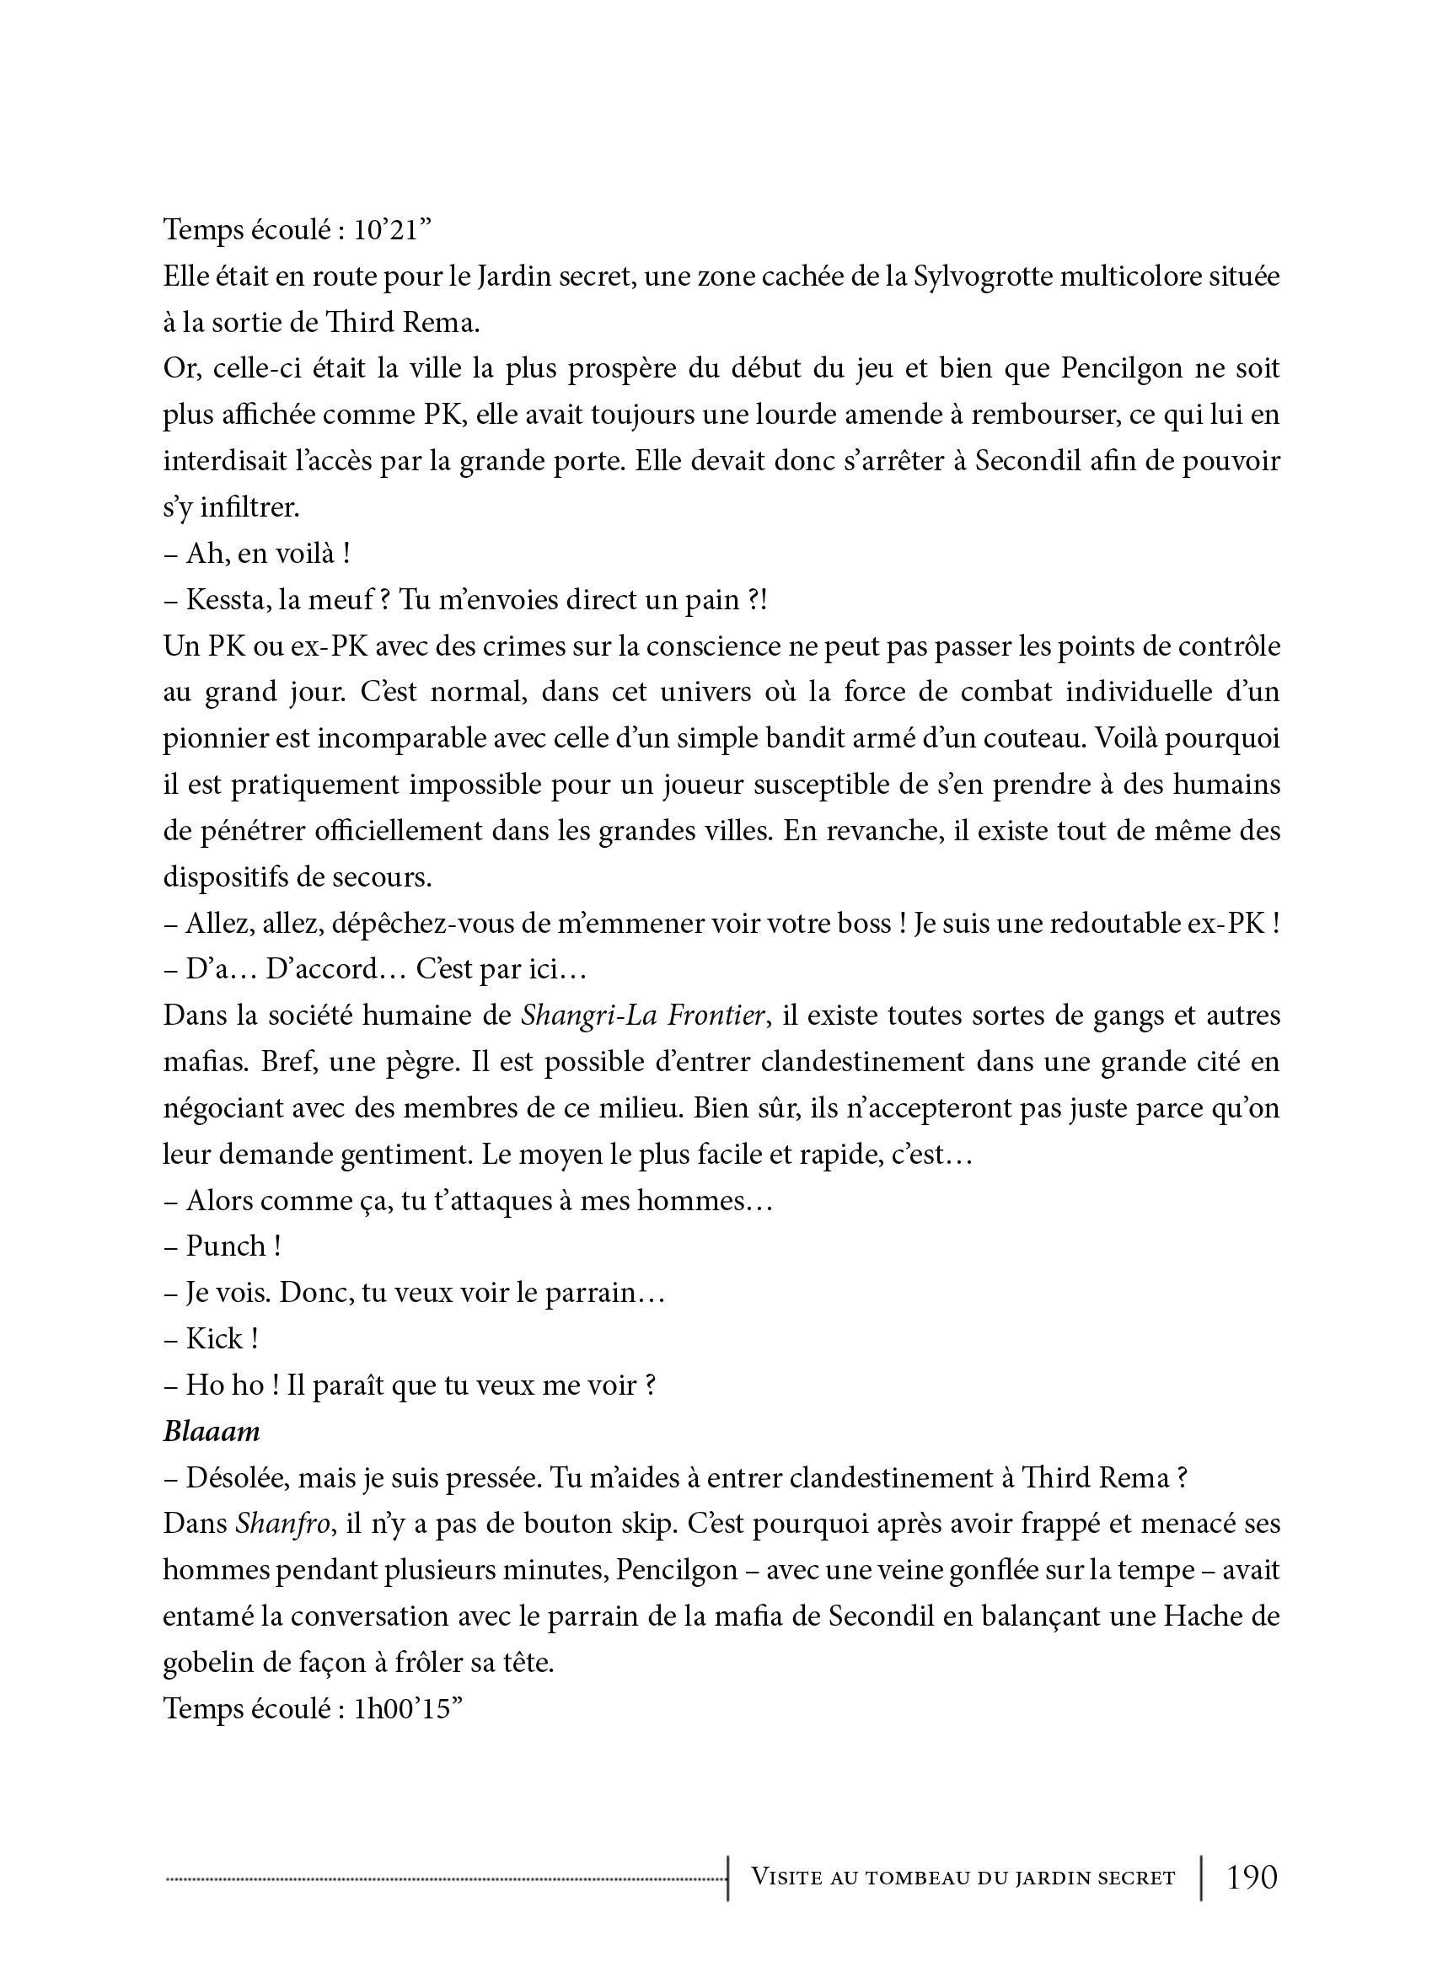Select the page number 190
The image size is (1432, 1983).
pos(1252,1877)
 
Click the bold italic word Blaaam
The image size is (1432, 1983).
pos(212,1431)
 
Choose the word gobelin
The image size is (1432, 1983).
pos(207,1663)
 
